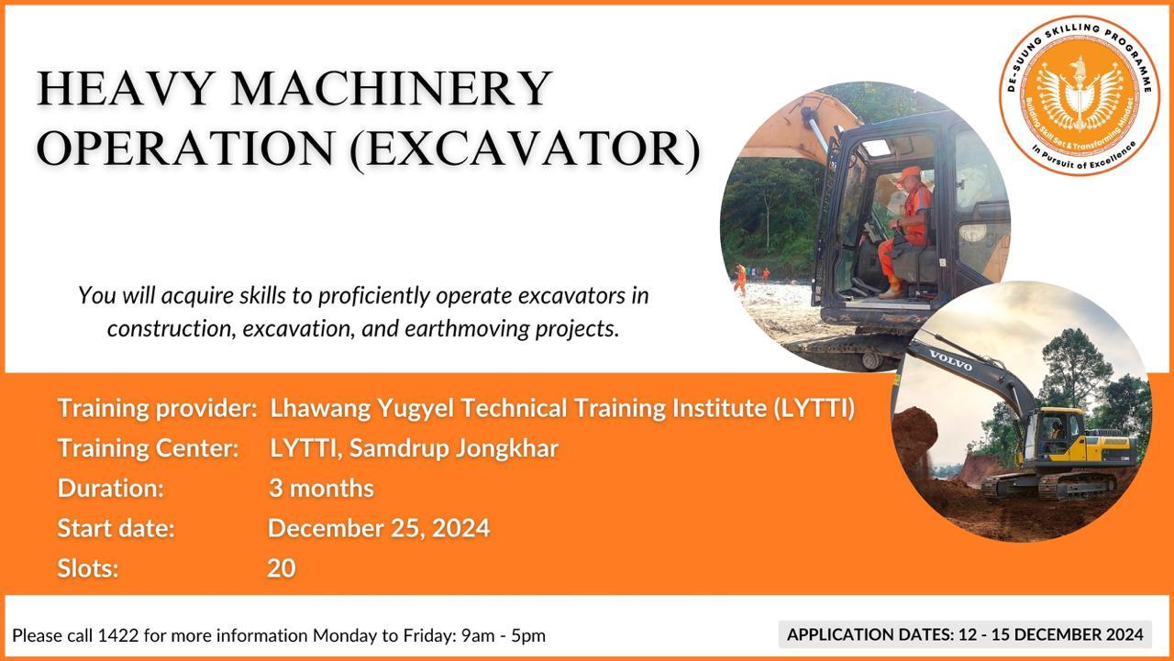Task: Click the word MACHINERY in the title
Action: point(391,88)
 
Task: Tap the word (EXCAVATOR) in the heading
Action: point(526,149)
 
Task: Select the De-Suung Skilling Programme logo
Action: point(1080,95)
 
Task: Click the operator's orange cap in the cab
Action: point(907,173)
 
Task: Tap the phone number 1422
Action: point(118,635)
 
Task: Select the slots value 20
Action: point(282,567)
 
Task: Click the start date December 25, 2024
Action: point(379,528)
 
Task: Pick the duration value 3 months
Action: point(321,488)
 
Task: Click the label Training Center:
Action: point(149,448)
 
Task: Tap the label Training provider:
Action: point(157,409)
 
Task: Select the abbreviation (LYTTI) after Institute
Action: point(814,409)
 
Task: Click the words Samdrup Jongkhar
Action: point(454,448)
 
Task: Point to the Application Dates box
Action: point(965,634)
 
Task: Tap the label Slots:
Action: point(88,567)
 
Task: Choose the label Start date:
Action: point(116,528)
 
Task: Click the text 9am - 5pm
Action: point(504,636)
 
